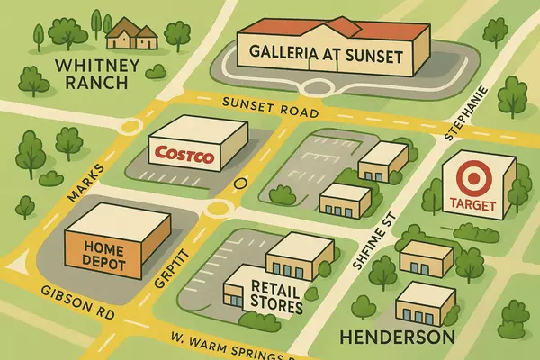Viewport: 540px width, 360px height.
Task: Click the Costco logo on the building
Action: [184, 154]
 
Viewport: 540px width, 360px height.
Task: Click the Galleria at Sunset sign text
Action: [330, 53]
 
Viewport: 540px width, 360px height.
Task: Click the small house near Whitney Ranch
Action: [131, 35]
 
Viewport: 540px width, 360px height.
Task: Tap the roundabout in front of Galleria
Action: [320, 88]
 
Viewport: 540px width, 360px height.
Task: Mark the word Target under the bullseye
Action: [470, 203]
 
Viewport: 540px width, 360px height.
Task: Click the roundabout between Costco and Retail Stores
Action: [217, 210]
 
